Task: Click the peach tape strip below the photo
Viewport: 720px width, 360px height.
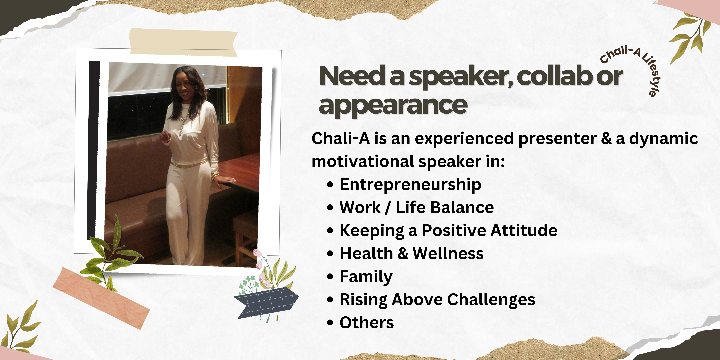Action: (101, 298)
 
